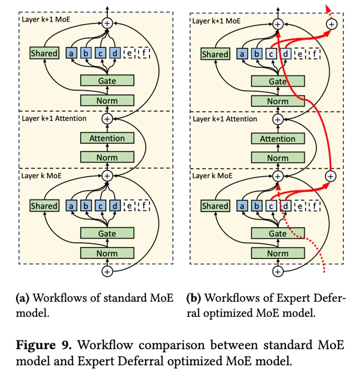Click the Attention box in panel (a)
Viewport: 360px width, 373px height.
(107, 138)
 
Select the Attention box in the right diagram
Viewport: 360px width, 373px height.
(277, 139)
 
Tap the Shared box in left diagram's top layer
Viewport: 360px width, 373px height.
(44, 53)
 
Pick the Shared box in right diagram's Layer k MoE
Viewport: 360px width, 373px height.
(215, 206)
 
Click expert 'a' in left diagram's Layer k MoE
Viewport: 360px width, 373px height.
(70, 206)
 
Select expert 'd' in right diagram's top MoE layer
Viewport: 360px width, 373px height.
(286, 54)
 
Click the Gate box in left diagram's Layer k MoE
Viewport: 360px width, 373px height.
(107, 233)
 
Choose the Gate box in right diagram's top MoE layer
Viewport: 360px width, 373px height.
(277, 81)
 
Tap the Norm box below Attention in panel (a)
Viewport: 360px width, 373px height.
(107, 158)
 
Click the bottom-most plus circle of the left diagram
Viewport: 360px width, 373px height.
(107, 271)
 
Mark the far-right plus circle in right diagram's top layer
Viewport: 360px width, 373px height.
(331, 24)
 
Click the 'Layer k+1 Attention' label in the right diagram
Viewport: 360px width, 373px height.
(225, 119)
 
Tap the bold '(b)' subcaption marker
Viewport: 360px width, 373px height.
(193, 298)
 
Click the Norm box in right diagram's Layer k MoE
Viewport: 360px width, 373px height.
(277, 253)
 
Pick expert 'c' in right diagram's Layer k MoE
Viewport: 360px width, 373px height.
(271, 206)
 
